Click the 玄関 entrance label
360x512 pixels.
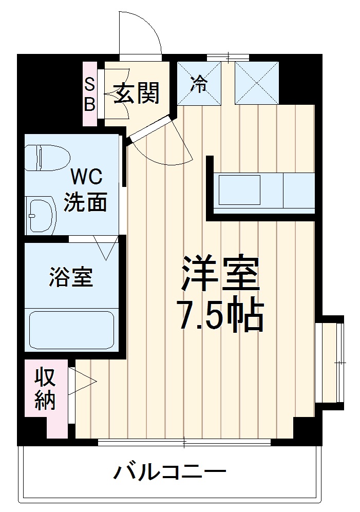[x=137, y=93]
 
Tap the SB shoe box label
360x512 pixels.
[x=90, y=93]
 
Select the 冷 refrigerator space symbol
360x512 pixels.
[x=199, y=83]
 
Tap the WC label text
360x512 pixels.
[x=86, y=178]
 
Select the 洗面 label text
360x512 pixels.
[x=85, y=202]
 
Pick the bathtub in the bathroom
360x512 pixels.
[x=71, y=329]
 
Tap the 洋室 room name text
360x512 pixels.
[x=220, y=274]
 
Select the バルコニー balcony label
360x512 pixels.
[x=169, y=470]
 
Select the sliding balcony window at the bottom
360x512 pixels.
[x=184, y=442]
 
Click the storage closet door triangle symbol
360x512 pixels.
[x=85, y=381]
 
